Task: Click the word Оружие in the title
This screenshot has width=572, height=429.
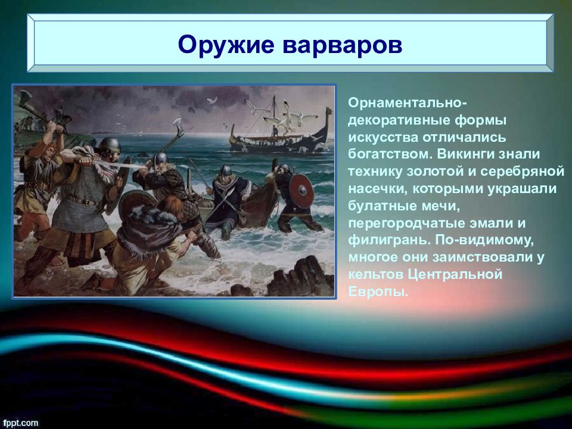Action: [x=226, y=45]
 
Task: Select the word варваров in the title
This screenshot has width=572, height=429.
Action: [x=342, y=45]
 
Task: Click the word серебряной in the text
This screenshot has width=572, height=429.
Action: [x=522, y=171]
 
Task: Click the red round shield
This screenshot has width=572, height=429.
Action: [x=301, y=191]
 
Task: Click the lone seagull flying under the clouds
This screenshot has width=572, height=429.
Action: [x=212, y=100]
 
